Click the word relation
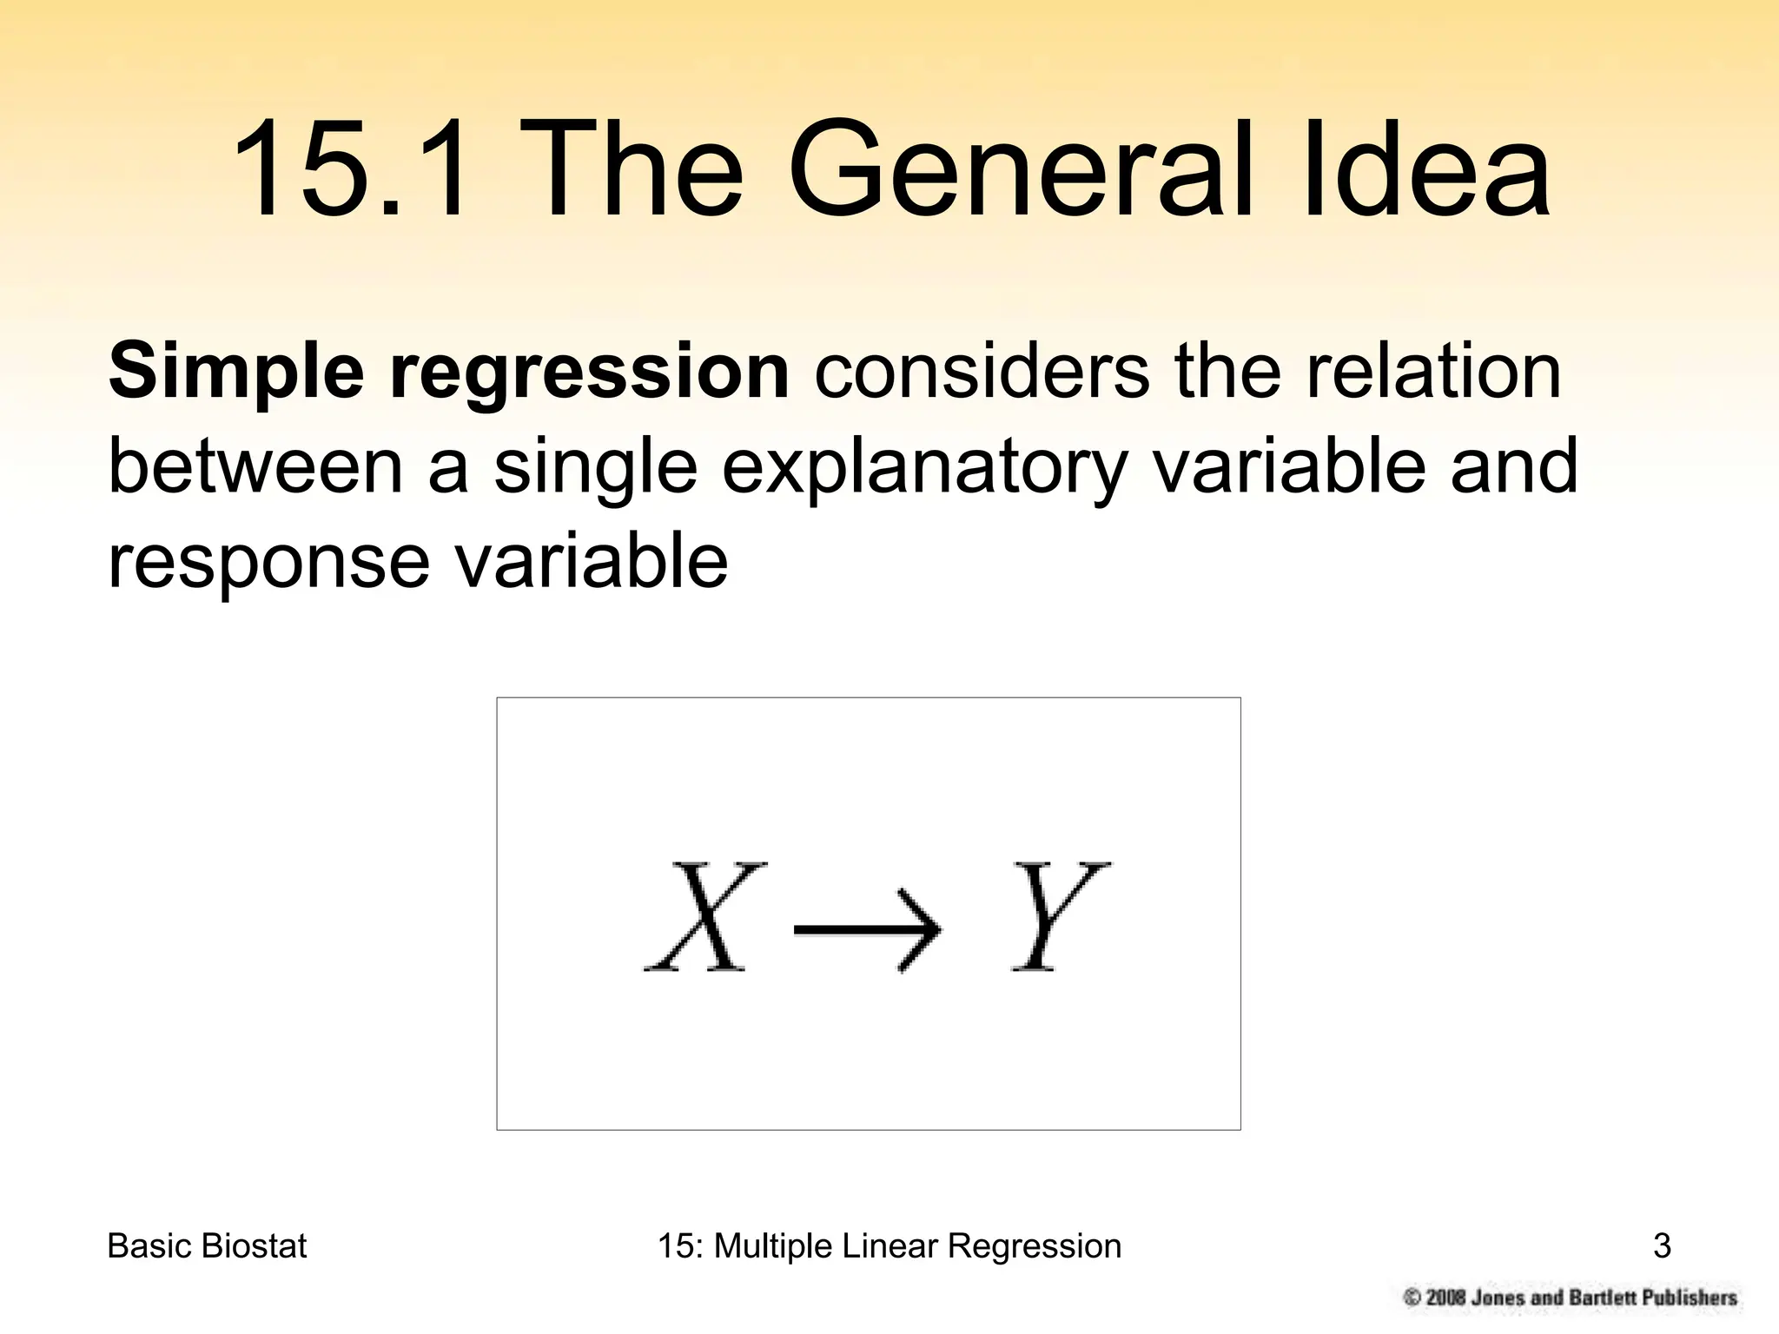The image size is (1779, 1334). pyautogui.click(x=1433, y=372)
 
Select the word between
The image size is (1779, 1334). pyautogui.click(x=256, y=466)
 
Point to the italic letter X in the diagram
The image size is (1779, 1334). pyautogui.click(x=704, y=916)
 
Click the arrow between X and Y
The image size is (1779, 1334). pyautogui.click(x=867, y=930)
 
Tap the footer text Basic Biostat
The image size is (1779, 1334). pyautogui.click(x=207, y=1246)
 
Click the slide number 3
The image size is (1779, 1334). pyautogui.click(x=1662, y=1246)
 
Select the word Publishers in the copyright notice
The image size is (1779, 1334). pyautogui.click(x=1689, y=1298)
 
